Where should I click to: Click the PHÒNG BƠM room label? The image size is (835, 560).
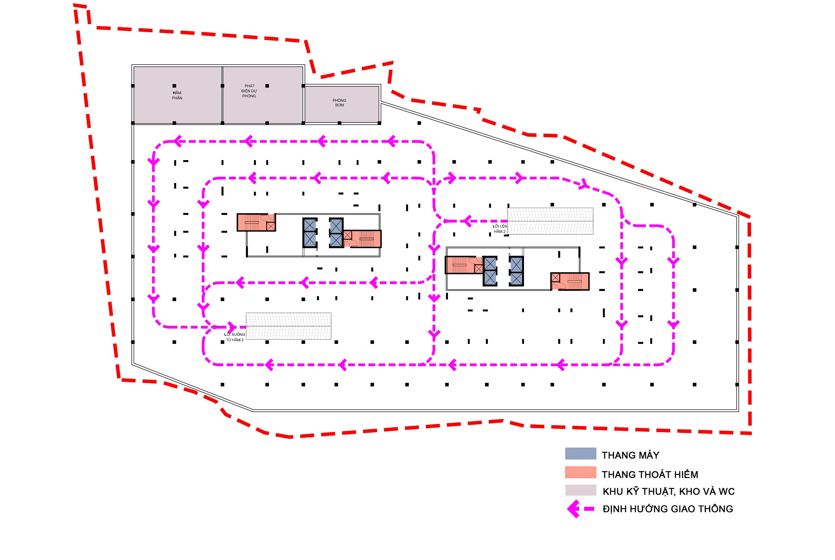339,103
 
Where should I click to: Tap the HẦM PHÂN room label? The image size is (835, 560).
177,95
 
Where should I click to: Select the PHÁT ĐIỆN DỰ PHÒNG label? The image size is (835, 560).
249,91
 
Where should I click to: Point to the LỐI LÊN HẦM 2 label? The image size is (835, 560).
500,229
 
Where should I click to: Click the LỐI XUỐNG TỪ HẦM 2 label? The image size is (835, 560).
235,337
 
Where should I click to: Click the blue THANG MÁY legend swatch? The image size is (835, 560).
580,454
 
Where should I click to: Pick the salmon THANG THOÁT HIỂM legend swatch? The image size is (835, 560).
580,473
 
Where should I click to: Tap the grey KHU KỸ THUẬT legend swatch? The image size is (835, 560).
580,490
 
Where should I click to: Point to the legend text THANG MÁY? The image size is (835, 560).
630,455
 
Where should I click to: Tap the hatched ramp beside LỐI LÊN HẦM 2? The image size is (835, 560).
550,221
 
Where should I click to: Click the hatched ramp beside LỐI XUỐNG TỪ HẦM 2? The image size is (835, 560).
288,326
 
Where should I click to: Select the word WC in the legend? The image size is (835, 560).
726,491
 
